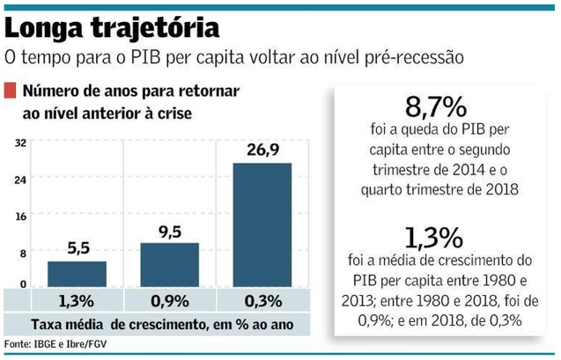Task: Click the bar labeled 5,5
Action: pos(77,274)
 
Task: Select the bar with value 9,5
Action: pos(169,265)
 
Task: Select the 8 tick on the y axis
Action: pos(22,251)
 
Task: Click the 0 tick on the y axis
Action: pos(22,287)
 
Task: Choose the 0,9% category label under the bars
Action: pos(169,299)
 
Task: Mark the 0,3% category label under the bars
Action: pos(262,299)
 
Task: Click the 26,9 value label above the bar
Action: pos(262,150)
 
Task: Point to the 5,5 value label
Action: pos(77,248)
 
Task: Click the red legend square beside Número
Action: pos(10,90)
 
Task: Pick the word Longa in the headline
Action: pos(45,27)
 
